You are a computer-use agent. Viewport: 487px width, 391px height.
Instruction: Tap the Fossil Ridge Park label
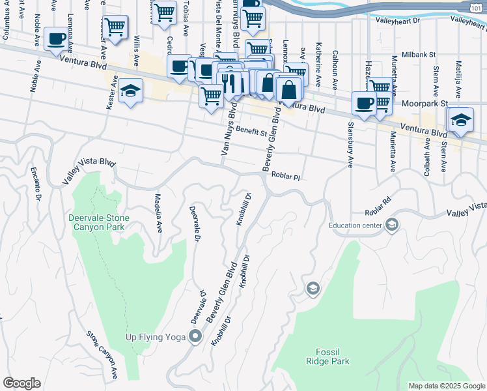(x=329, y=356)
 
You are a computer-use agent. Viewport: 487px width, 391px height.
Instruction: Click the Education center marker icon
(x=391, y=225)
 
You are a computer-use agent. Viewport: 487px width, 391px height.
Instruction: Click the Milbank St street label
(x=419, y=55)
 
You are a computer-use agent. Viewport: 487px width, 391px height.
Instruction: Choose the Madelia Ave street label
(x=158, y=212)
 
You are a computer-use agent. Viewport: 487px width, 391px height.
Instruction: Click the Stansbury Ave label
(x=350, y=144)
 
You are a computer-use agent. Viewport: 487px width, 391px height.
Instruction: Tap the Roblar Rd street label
(x=378, y=209)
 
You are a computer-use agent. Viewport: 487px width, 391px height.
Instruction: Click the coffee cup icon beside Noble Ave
(x=57, y=38)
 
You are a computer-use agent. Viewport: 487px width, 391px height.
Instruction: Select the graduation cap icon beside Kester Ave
(x=131, y=93)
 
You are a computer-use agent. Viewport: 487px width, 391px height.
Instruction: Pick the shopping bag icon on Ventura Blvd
(x=289, y=89)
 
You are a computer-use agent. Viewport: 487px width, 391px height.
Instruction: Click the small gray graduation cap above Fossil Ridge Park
(x=313, y=289)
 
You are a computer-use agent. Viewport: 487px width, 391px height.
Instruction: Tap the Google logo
(x=21, y=383)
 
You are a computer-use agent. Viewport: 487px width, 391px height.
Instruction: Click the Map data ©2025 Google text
(x=446, y=386)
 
